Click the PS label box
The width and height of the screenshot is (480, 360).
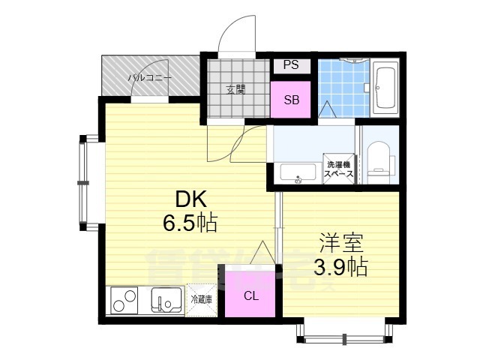tap(291, 65)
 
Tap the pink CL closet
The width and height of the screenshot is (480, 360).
tap(250, 295)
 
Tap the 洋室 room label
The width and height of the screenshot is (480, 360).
tap(340, 243)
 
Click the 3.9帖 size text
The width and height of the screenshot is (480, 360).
tap(340, 267)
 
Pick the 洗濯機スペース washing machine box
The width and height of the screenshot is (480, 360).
tap(339, 168)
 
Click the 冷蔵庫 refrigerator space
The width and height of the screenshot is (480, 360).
tap(201, 299)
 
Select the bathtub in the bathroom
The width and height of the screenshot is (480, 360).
tap(388, 89)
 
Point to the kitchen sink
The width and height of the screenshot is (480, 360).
tap(166, 301)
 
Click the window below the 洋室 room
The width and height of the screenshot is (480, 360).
tap(344, 331)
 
